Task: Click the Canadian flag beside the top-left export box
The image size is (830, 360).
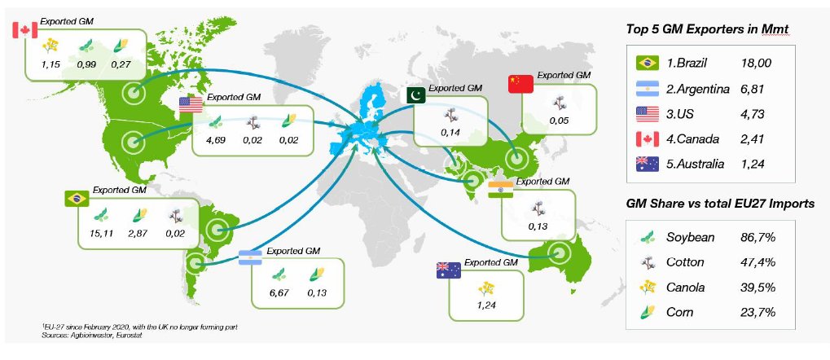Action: tap(24, 30)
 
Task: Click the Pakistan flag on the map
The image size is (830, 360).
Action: tap(415, 96)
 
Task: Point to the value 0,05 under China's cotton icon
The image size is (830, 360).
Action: tap(559, 121)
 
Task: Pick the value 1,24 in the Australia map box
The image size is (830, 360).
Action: tap(486, 305)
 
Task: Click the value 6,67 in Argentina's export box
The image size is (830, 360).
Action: tap(279, 292)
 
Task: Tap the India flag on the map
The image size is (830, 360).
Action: tap(500, 189)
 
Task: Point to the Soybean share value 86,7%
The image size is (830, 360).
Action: tap(758, 237)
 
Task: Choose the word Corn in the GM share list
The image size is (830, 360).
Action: tap(679, 313)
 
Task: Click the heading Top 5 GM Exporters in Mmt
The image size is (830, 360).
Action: tap(708, 29)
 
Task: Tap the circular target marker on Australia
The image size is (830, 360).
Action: tap(557, 255)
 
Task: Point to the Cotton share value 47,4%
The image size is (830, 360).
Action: tap(758, 262)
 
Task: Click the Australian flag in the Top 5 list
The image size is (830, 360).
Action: tap(648, 165)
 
